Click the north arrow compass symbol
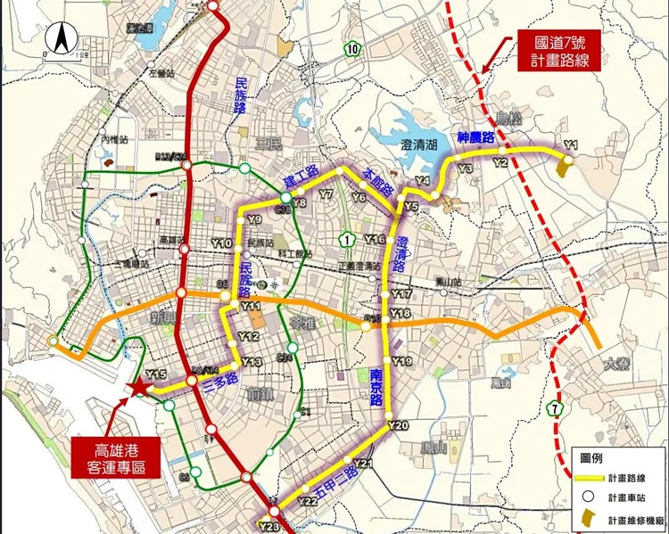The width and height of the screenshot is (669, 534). (62, 40)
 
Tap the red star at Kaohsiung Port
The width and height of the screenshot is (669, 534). (137, 388)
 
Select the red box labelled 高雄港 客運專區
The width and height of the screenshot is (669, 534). (114, 455)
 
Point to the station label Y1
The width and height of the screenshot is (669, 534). (572, 144)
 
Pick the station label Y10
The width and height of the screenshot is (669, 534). (221, 242)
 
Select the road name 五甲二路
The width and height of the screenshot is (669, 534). (337, 482)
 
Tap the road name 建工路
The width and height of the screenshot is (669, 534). (301, 176)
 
